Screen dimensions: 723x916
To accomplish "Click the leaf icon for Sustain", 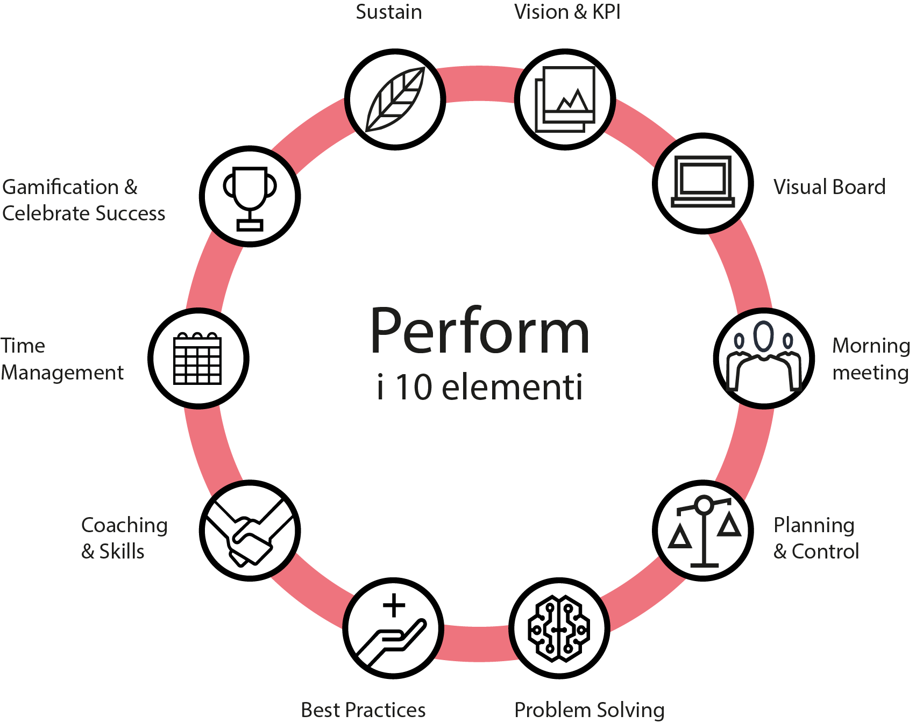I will point(395,99).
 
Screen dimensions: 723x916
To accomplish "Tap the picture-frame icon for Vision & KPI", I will point(565,99).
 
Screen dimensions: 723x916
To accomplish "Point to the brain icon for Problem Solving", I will point(559,628).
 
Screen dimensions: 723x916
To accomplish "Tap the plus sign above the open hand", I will point(394,605).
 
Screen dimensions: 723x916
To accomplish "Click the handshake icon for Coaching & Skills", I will point(250,531).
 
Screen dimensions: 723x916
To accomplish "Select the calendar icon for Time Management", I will point(198,359).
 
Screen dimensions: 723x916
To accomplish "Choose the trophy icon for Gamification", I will point(250,196).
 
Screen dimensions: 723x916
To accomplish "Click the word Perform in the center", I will point(480,332).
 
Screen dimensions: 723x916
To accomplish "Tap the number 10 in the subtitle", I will point(414,388).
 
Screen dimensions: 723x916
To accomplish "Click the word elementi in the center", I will point(512,388).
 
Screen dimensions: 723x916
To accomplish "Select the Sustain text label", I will point(388,12).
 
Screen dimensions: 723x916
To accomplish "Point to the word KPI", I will point(606,12).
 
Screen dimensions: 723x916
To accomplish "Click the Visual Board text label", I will point(829,187).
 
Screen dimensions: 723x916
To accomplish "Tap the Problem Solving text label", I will point(589,710).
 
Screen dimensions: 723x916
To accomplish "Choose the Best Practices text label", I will point(363,710).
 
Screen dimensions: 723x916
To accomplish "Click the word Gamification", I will point(60,187).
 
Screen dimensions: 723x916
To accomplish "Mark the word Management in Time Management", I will point(62,373).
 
